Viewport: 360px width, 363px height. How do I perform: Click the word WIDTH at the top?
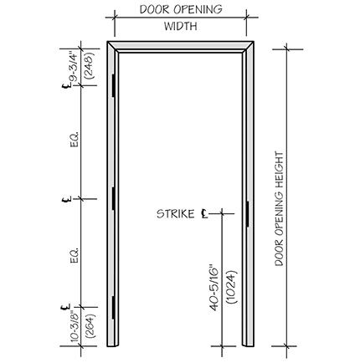pyautogui.click(x=180, y=26)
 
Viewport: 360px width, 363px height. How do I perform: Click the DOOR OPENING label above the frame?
pyautogui.click(x=181, y=9)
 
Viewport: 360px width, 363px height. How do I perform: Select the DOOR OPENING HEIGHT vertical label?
pyautogui.click(x=279, y=209)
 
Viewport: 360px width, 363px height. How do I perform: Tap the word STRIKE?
pyautogui.click(x=176, y=214)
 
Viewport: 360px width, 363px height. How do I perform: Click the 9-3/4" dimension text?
pyautogui.click(x=74, y=66)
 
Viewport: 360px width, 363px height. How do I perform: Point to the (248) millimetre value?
pyautogui.click(x=90, y=65)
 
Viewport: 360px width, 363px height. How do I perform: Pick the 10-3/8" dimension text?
pyautogui.click(x=74, y=326)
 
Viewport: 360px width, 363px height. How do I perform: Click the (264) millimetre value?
pyautogui.click(x=90, y=326)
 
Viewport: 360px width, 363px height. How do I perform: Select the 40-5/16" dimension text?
pyautogui.click(x=214, y=287)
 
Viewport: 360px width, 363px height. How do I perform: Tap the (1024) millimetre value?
pyautogui.click(x=231, y=287)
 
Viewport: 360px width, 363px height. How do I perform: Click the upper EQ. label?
pyautogui.click(x=75, y=140)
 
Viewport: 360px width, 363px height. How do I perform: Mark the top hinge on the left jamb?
pyautogui.click(x=114, y=85)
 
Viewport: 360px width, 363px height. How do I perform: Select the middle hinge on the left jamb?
pyautogui.click(x=114, y=199)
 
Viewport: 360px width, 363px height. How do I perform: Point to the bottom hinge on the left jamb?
pyautogui.click(x=114, y=308)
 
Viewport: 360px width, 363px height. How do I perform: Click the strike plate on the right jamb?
pyautogui.click(x=247, y=214)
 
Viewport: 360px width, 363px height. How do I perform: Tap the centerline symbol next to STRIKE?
pyautogui.click(x=204, y=214)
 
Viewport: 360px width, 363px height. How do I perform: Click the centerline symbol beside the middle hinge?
pyautogui.click(x=67, y=199)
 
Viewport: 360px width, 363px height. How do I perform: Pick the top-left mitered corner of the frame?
pyautogui.click(x=111, y=46)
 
